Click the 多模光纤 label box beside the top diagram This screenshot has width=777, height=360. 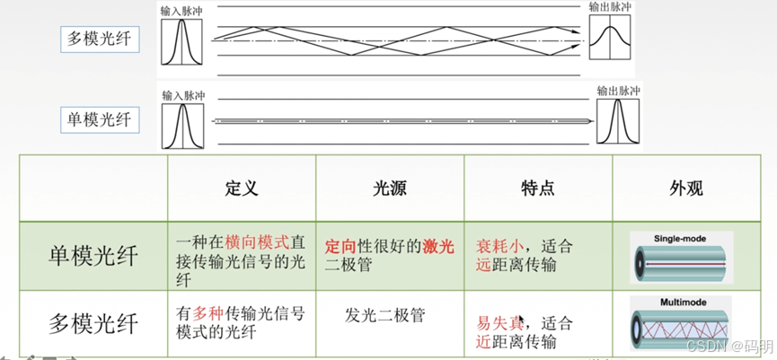click(100, 39)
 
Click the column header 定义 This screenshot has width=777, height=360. click(241, 188)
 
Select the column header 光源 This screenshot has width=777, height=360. click(389, 188)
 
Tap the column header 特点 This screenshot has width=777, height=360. click(537, 188)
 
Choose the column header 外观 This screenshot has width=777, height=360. click(685, 188)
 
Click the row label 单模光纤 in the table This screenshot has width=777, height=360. click(93, 256)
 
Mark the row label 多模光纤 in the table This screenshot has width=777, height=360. click(93, 321)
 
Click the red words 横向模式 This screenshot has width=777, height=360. click(257, 242)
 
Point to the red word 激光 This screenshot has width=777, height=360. click(439, 246)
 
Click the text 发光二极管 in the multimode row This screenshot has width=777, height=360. click(384, 315)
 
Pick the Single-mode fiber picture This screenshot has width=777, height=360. click(680, 257)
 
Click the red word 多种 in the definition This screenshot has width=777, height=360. click(207, 313)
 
